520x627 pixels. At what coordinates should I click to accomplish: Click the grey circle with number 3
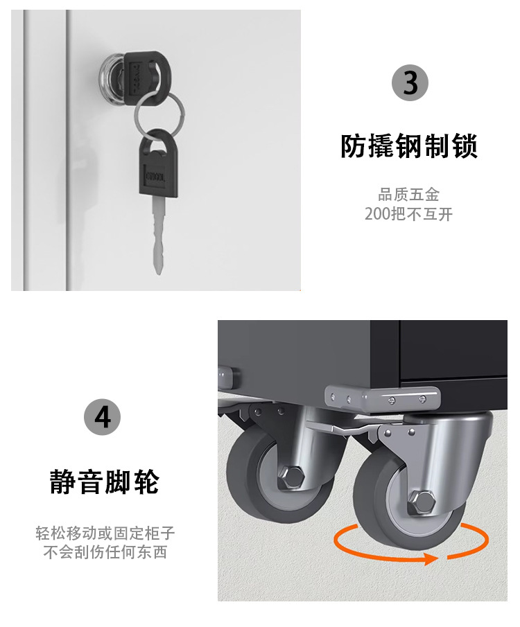click(410, 82)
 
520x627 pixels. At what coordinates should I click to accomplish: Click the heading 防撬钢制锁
click(409, 147)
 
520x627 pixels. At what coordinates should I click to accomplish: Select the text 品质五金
click(408, 195)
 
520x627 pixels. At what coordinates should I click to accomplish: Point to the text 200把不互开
click(408, 214)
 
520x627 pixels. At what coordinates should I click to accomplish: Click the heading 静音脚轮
click(105, 482)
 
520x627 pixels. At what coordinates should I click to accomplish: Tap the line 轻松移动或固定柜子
click(105, 533)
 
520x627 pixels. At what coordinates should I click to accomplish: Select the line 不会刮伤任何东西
click(105, 552)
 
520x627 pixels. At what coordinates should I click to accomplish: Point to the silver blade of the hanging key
click(159, 236)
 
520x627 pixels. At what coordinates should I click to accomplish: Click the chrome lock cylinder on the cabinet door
click(112, 80)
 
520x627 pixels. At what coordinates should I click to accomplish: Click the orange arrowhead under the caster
click(431, 558)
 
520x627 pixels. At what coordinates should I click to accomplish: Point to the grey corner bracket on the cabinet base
click(382, 398)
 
